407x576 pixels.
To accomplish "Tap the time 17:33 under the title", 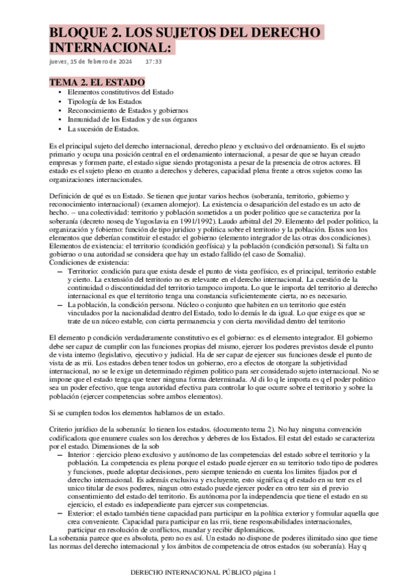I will click(154, 62).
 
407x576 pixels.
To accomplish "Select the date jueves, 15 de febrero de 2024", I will click(91, 62).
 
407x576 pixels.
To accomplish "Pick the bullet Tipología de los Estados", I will click(104, 101).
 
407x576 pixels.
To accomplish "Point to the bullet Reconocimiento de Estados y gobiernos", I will click(128, 110).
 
